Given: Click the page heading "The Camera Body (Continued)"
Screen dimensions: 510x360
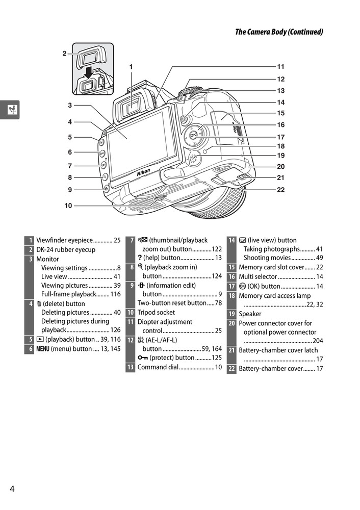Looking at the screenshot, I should click(x=279, y=32).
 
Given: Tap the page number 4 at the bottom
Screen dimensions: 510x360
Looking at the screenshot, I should click(x=12, y=489).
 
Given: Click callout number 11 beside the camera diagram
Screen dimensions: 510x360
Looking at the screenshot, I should click(x=280, y=66).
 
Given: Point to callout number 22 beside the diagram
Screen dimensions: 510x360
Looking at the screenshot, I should click(x=280, y=190).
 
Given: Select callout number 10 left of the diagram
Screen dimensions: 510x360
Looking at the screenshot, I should click(x=68, y=206).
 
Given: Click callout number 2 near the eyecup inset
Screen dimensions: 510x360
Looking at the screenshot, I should click(x=64, y=53).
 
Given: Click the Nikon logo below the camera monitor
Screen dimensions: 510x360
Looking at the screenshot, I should click(x=143, y=173).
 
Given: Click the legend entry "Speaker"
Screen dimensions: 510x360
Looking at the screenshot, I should click(x=250, y=314).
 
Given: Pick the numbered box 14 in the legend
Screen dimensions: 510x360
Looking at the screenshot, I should click(x=232, y=240).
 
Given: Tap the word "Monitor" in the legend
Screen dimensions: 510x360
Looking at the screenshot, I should click(x=47, y=259).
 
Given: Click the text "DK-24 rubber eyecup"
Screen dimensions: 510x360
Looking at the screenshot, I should click(x=66, y=250).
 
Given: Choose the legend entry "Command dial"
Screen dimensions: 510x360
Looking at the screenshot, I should click(x=158, y=367).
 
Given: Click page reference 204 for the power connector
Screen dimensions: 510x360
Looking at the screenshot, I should click(x=318, y=341).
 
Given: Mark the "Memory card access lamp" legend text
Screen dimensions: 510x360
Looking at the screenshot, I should click(x=274, y=296).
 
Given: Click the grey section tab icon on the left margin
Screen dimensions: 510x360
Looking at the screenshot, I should click(x=10, y=109).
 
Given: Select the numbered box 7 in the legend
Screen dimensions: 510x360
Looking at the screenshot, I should click(x=131, y=240).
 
